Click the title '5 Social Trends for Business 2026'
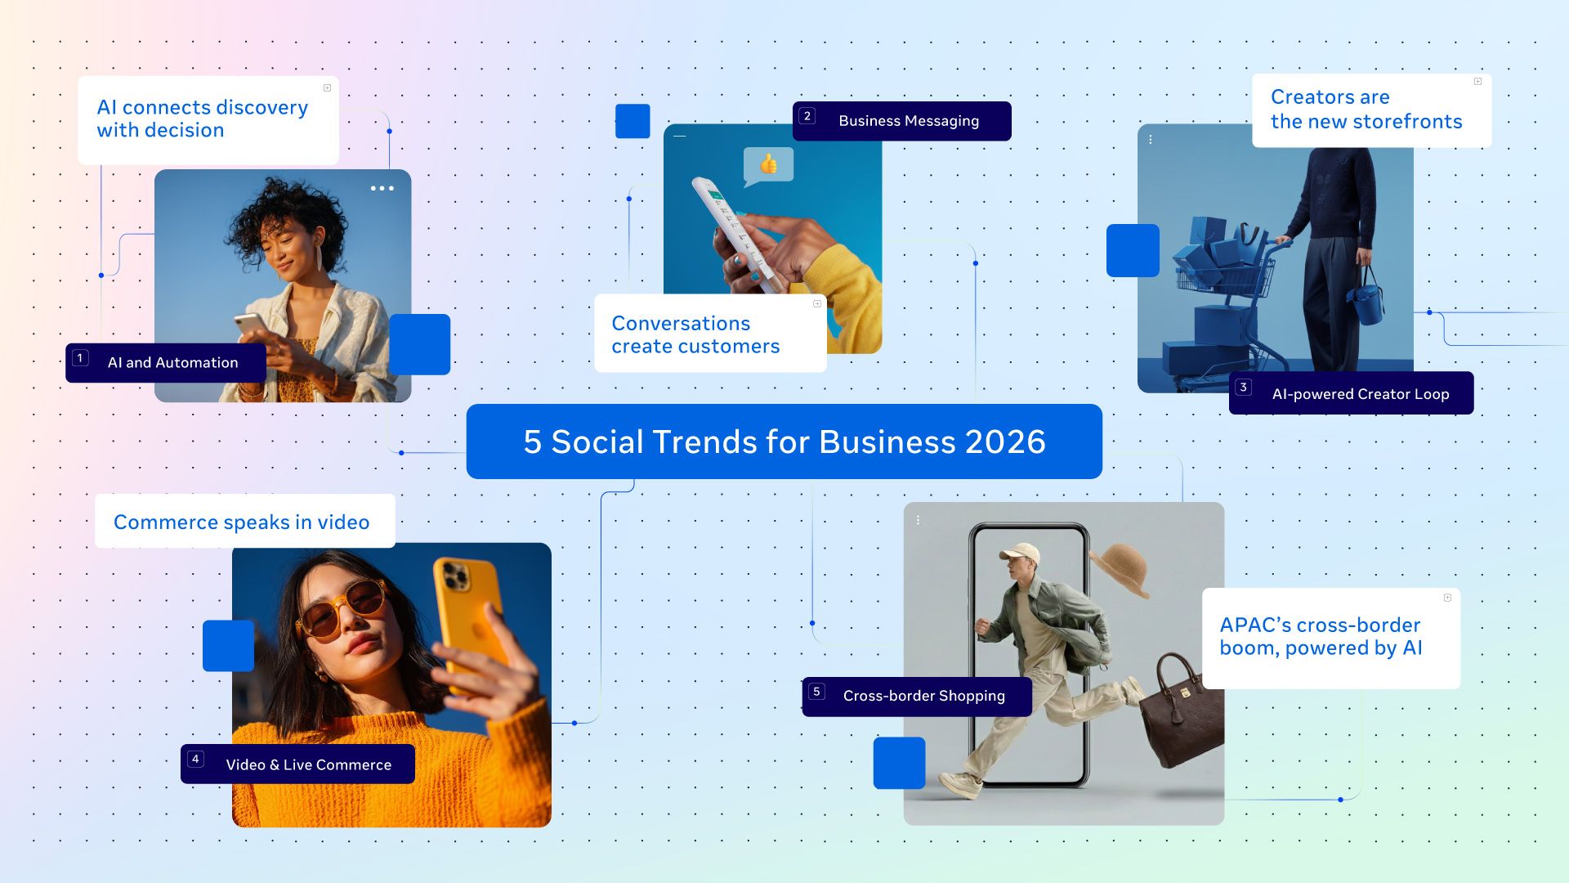click(784, 441)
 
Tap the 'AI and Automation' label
click(172, 362)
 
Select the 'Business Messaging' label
click(908, 121)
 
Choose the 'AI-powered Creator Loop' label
click(1360, 394)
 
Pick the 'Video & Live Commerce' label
click(308, 764)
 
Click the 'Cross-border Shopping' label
click(923, 696)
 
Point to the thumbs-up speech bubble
click(768, 165)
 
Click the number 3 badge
click(1243, 388)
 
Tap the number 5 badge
click(816, 692)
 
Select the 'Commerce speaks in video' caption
click(241, 522)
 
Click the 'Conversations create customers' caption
click(695, 334)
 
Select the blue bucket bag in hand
click(1366, 298)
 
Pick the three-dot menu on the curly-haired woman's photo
click(382, 188)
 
